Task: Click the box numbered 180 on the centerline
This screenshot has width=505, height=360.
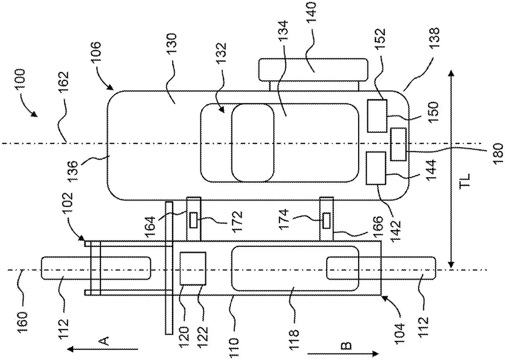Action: tap(398, 144)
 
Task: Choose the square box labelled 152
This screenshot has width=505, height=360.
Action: tap(377, 116)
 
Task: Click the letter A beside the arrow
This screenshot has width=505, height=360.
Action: tap(105, 340)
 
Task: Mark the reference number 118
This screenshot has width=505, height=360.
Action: tap(294, 335)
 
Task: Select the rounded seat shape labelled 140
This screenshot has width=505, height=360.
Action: tap(313, 70)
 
